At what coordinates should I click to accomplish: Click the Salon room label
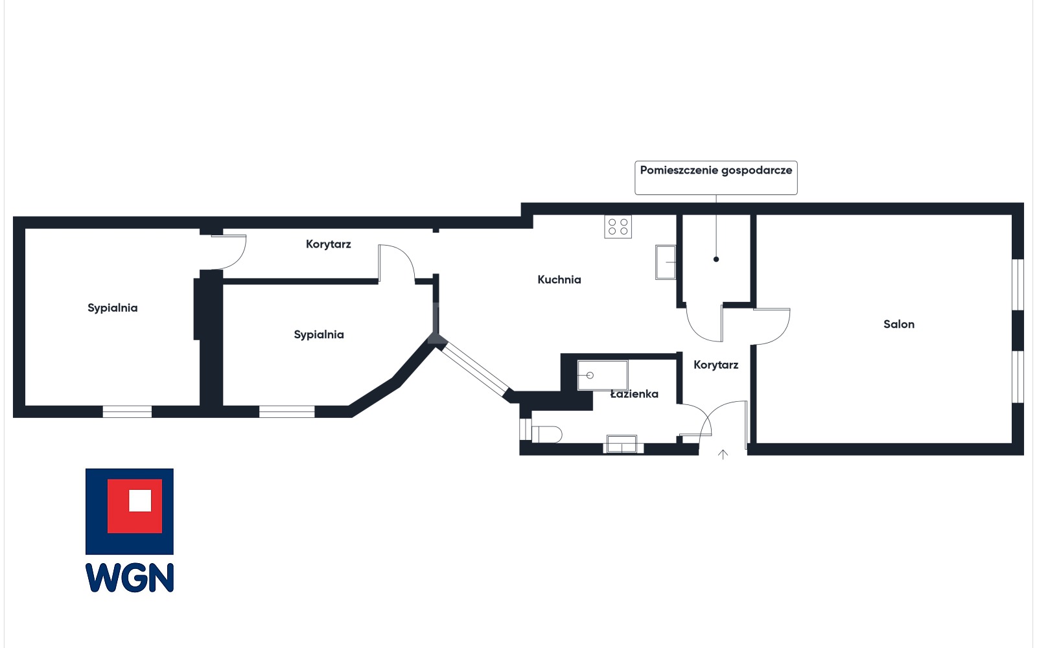898,324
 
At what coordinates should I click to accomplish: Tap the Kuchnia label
559,279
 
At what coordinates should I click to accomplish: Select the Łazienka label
634,394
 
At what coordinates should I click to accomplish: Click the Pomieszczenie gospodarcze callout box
716,178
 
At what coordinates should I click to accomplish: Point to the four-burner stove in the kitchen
618,226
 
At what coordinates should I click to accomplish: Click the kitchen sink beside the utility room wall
665,262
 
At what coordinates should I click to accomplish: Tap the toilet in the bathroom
547,435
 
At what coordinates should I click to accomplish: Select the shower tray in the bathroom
602,375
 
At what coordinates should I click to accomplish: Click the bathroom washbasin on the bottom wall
622,444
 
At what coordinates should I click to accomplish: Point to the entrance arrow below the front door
723,454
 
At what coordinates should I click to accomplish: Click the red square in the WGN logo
135,506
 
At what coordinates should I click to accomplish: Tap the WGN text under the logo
130,577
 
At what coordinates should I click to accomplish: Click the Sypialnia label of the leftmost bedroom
113,308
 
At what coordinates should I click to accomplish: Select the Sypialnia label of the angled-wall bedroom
319,334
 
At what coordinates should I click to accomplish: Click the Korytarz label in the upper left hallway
328,244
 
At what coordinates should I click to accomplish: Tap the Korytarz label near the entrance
716,365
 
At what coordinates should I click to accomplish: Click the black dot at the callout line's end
716,259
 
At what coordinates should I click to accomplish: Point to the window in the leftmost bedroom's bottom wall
127,411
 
